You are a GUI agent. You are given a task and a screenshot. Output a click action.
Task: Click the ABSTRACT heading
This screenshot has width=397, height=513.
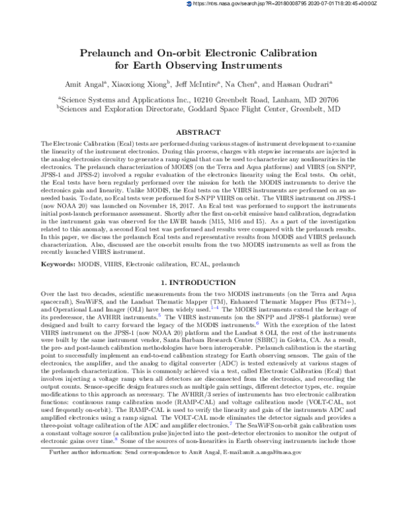[198, 132]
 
